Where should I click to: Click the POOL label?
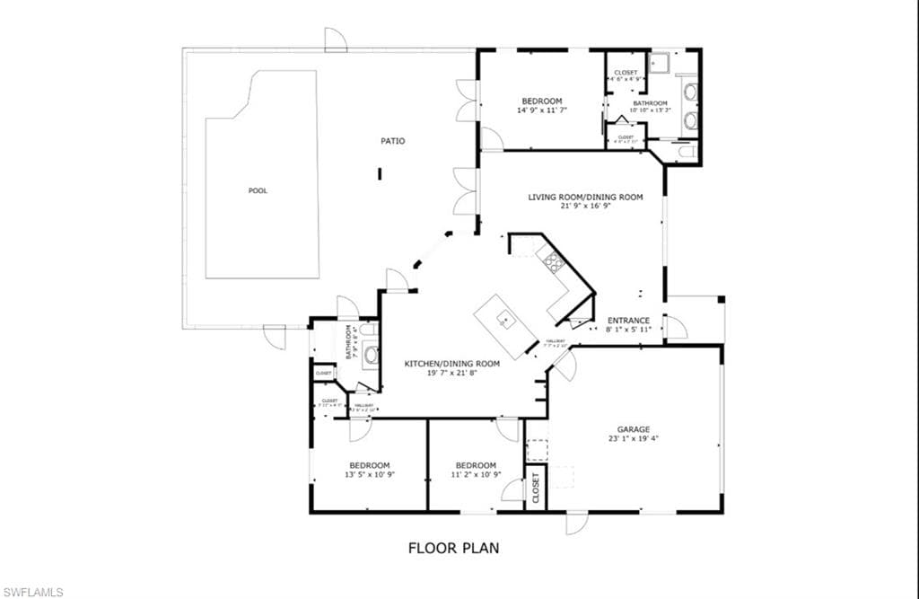tap(258, 190)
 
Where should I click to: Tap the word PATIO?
tap(392, 141)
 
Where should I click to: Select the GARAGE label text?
tap(633, 429)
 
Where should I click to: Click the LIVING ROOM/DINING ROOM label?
tap(585, 197)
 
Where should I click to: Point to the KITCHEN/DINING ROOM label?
tap(451, 363)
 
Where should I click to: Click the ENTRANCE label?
tap(628, 321)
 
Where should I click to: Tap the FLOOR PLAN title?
tap(453, 547)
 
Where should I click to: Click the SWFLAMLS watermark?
tap(32, 591)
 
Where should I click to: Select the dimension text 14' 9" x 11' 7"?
tap(541, 110)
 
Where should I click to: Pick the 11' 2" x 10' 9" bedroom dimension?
tap(475, 474)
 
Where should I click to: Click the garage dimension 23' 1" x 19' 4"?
tap(633, 439)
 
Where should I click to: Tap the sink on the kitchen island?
tap(505, 317)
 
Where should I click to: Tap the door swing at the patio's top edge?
tap(335, 40)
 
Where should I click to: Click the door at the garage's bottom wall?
tap(576, 522)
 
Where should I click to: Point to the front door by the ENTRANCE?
tap(675, 327)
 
